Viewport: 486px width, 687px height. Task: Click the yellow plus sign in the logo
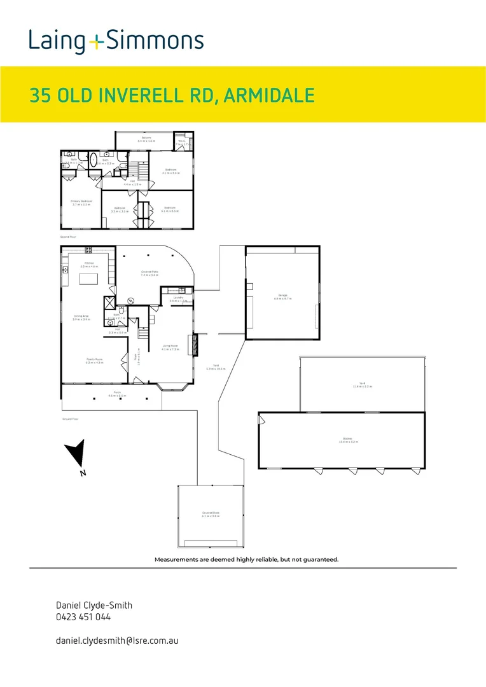click(x=95, y=43)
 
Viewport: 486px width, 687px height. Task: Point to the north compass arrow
click(x=76, y=455)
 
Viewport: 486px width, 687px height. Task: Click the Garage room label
click(x=283, y=295)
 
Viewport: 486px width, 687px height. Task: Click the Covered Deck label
click(x=211, y=514)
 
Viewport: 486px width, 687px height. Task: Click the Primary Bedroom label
click(x=81, y=202)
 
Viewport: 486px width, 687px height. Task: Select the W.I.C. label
click(x=181, y=142)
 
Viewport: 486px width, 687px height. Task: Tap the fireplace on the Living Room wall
click(x=195, y=345)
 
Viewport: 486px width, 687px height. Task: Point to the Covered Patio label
click(x=150, y=273)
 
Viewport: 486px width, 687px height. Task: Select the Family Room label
click(x=94, y=361)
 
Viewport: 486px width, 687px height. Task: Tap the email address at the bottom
click(x=117, y=640)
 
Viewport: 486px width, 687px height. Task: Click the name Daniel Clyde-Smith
click(x=94, y=606)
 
